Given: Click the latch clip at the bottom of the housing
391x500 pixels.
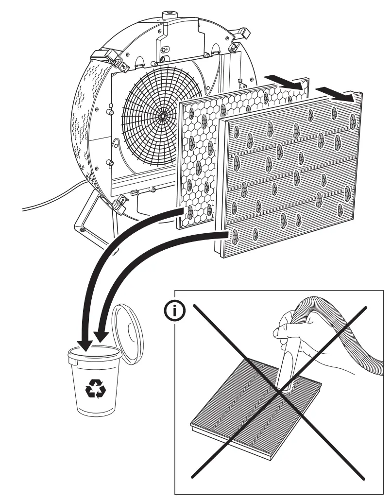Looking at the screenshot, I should point(120,204).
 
